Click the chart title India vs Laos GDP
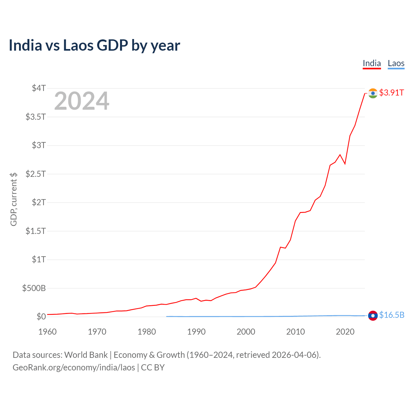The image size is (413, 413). [x=94, y=45]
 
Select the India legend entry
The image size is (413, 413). [x=372, y=63]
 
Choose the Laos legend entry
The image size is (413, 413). [x=396, y=63]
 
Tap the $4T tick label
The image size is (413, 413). [x=39, y=88]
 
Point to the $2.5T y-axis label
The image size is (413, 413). [x=36, y=174]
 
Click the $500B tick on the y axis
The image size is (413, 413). [x=34, y=288]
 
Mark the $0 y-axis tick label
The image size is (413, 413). [x=41, y=317]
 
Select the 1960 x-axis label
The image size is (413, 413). [x=47, y=332]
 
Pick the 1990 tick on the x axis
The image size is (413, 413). [x=196, y=332]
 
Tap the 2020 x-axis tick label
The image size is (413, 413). [x=345, y=332]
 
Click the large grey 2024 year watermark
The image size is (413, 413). [x=82, y=101]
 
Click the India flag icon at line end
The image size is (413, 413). [x=373, y=93]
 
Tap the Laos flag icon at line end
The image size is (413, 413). [x=373, y=316]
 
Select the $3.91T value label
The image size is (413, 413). [x=391, y=93]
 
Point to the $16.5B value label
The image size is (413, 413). [x=392, y=315]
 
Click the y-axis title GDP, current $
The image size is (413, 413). [x=14, y=199]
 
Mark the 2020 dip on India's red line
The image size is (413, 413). [x=345, y=164]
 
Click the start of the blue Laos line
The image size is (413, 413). [x=166, y=317]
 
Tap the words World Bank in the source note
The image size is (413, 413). [x=86, y=355]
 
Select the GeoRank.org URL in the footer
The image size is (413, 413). [x=74, y=368]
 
